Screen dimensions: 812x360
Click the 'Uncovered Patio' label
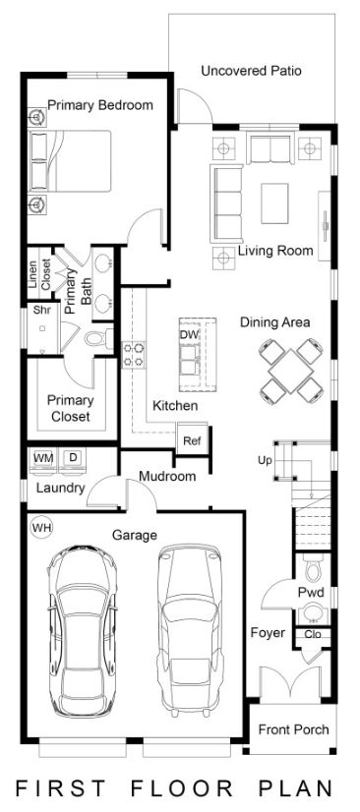click(251, 71)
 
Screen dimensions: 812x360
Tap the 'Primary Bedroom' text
click(99, 105)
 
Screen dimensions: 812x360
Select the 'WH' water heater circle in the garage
click(41, 527)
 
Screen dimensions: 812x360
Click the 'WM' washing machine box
click(43, 458)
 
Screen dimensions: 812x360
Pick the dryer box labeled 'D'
click(73, 458)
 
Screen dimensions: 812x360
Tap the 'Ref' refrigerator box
click(191, 440)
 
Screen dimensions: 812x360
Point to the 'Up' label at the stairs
click(264, 460)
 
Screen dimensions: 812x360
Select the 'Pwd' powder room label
click(311, 592)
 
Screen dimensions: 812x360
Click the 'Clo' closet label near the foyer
click(314, 634)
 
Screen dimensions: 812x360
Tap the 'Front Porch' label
click(293, 729)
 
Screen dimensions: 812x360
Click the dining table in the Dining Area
click(291, 371)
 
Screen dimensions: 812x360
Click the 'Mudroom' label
click(166, 477)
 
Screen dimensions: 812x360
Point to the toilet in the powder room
click(314, 568)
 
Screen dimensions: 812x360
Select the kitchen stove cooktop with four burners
click(134, 354)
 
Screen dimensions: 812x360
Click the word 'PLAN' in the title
click(296, 788)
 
